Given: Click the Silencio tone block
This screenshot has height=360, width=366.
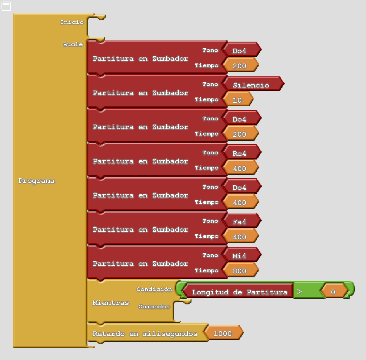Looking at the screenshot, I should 251,85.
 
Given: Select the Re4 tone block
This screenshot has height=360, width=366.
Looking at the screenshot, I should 239,153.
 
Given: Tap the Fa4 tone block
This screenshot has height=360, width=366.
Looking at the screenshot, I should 239,222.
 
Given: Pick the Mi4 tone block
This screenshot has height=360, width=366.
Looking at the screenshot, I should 239,256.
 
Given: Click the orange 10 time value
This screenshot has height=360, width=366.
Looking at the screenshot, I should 237,100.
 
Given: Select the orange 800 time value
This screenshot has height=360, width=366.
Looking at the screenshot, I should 239,271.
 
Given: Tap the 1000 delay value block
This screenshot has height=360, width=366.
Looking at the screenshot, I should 223,333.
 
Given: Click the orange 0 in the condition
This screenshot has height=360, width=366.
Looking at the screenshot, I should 333,292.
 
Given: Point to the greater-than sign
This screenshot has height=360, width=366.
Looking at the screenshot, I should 300,292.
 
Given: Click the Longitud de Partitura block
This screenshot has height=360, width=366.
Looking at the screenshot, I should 239,292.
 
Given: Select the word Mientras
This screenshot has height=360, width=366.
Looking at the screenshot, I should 111,303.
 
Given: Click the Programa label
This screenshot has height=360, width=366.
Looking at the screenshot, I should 36,181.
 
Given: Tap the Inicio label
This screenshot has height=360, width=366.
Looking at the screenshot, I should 72,22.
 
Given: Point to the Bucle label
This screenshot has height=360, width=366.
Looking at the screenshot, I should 73,44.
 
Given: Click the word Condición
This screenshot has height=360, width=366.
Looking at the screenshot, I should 154,289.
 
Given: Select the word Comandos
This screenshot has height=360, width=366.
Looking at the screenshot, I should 154,307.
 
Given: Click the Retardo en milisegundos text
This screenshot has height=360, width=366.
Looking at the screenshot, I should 145,334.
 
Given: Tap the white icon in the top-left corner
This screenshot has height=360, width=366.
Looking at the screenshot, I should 6,6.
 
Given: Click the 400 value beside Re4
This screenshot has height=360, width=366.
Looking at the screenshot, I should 239,168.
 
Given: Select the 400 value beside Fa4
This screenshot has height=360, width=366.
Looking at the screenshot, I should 239,237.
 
